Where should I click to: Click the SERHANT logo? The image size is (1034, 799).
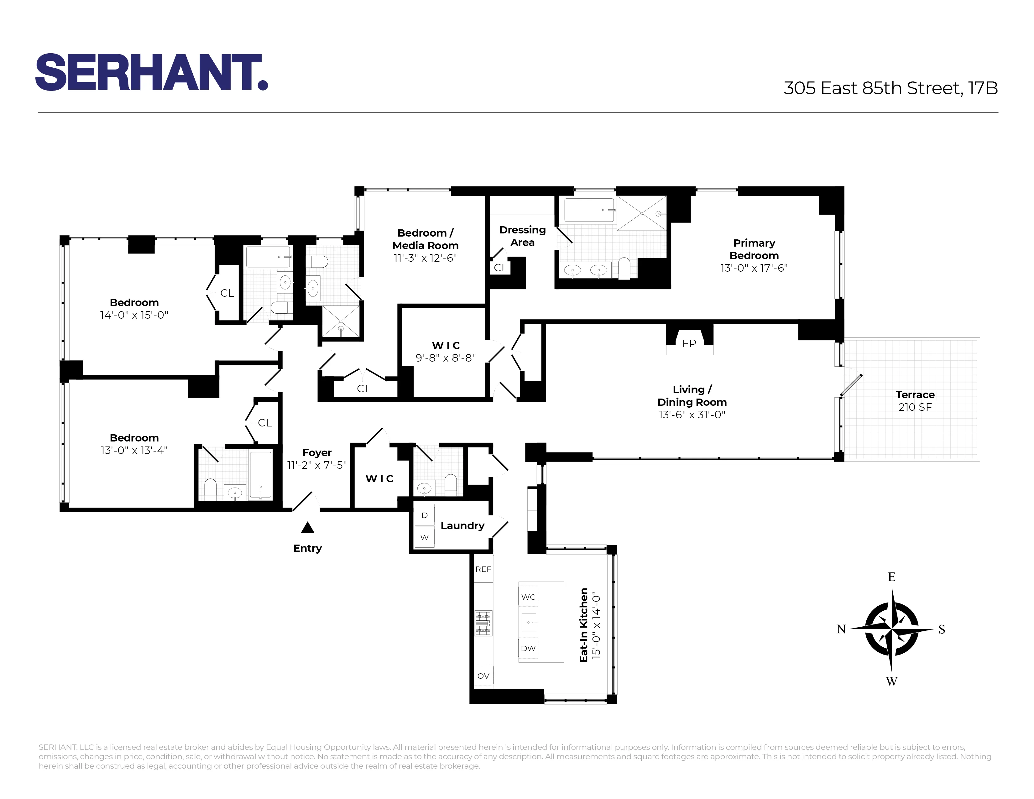tap(152, 72)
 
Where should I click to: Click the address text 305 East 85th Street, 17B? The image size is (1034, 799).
tap(890, 88)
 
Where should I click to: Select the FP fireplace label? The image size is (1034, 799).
tap(689, 344)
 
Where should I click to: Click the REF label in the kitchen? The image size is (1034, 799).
tap(483, 569)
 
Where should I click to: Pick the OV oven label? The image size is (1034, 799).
tap(483, 676)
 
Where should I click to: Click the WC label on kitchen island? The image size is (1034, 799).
tap(528, 597)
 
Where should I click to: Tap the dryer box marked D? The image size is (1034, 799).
tap(424, 515)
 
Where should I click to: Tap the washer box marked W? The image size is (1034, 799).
tap(424, 537)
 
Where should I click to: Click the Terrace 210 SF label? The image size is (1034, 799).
tap(915, 401)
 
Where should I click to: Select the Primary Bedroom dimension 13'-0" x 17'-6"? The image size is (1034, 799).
tap(754, 268)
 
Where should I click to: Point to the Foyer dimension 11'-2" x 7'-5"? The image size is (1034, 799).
tap(317, 465)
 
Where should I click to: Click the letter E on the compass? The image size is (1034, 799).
tap(891, 577)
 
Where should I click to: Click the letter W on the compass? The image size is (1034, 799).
tap(891, 681)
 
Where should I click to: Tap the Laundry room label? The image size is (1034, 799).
tap(462, 526)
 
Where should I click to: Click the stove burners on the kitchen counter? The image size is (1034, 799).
tap(483, 623)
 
